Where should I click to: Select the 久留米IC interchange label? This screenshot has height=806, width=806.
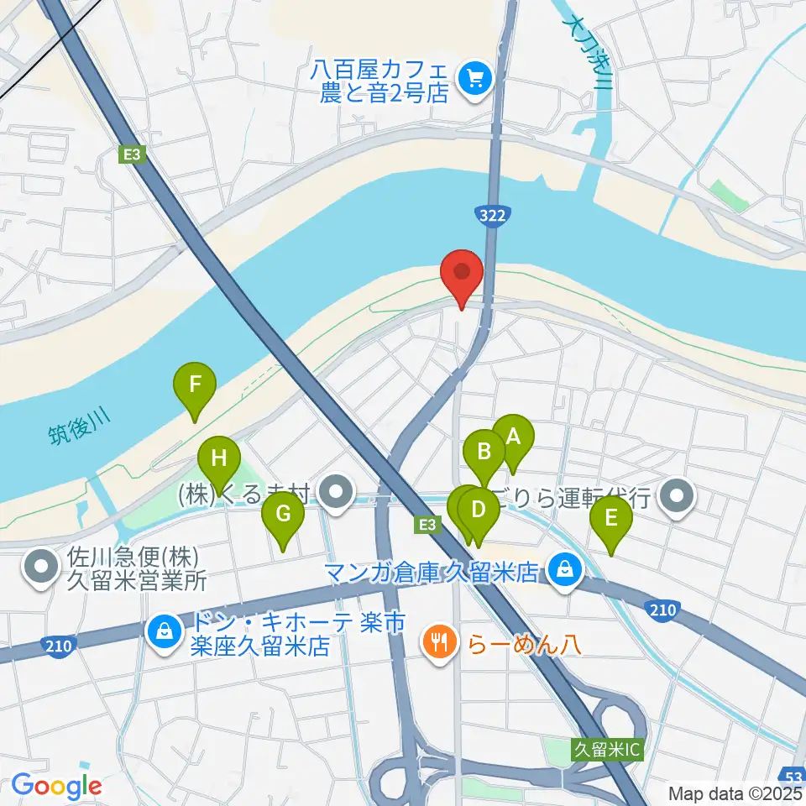coord(606,748)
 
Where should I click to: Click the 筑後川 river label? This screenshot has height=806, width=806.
coord(79,432)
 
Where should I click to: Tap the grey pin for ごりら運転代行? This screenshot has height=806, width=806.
coord(678,496)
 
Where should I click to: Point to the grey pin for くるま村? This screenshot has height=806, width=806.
coord(338,495)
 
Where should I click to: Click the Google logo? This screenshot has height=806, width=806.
coord(56,787)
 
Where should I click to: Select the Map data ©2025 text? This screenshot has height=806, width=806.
coord(734,793)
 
